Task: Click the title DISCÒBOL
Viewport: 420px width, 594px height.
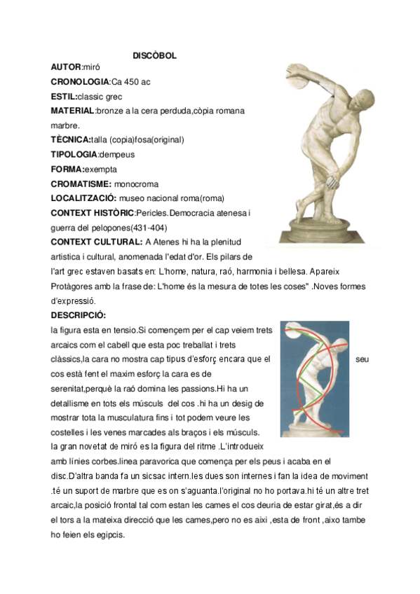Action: pyautogui.click(x=154, y=55)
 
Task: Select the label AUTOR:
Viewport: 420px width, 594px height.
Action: pyautogui.click(x=67, y=68)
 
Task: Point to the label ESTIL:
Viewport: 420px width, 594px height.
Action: pyautogui.click(x=65, y=97)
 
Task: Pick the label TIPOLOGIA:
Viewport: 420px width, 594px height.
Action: pyautogui.click(x=75, y=154)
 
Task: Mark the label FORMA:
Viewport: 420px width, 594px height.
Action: pyautogui.click(x=67, y=169)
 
